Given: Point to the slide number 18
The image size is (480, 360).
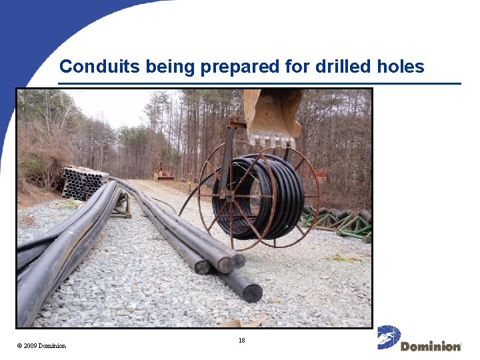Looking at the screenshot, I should (x=242, y=341).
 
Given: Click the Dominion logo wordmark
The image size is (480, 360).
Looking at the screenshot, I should (x=431, y=347).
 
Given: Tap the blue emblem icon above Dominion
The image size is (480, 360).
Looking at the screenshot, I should (x=389, y=337).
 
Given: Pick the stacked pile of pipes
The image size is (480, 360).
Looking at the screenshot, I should (x=84, y=182).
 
